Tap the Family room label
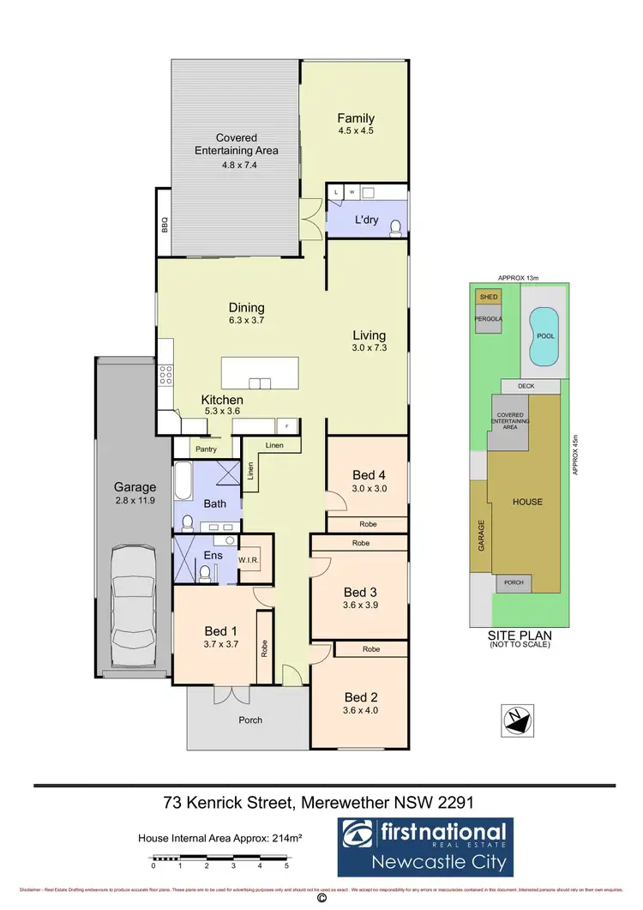[356, 118]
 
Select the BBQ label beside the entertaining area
[164, 224]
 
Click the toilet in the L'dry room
[395, 228]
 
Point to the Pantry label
[206, 449]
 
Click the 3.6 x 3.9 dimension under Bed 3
[361, 605]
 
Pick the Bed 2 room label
[361, 696]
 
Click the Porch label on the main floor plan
[250, 720]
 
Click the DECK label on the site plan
[526, 387]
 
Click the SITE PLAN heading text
[519, 636]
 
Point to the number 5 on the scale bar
[287, 866]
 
